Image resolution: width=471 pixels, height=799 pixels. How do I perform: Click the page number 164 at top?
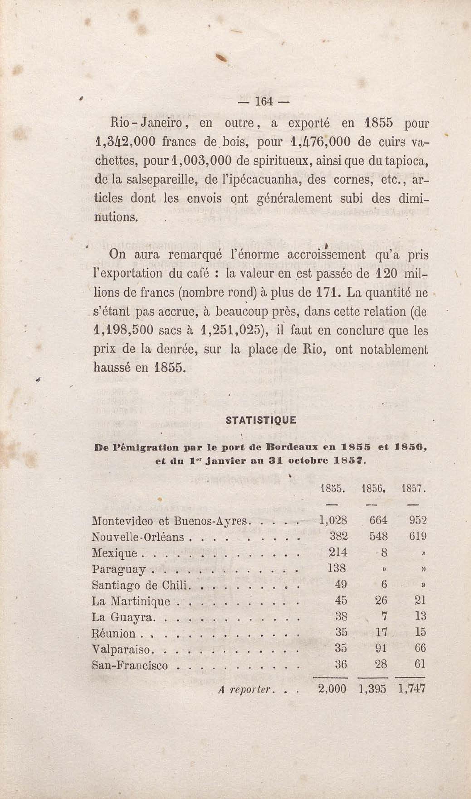click(264, 102)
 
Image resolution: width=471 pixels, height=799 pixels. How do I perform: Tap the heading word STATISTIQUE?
click(261, 420)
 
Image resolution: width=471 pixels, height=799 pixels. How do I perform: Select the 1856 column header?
click(373, 489)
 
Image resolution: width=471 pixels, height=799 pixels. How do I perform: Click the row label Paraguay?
click(119, 569)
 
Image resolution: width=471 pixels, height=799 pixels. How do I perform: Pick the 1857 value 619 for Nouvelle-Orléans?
click(417, 536)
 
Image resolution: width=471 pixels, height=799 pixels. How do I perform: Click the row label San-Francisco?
click(129, 665)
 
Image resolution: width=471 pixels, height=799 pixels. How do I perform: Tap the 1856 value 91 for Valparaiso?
click(381, 648)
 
